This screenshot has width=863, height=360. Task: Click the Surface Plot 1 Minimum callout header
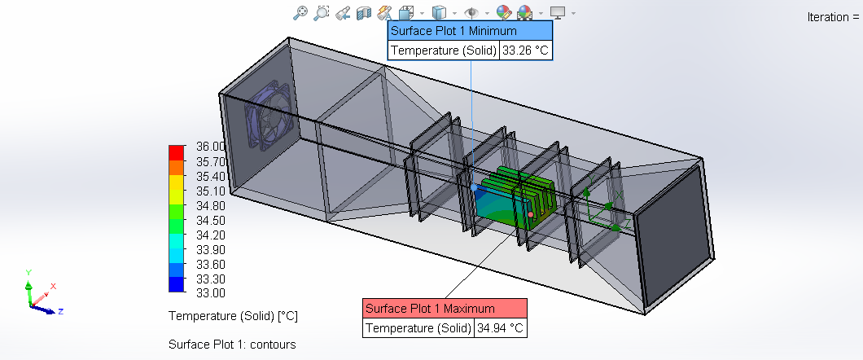coord(470,31)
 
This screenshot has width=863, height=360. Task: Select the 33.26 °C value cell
coord(526,50)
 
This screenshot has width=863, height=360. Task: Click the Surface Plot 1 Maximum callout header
coord(445,309)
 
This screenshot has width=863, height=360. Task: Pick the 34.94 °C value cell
coord(501,328)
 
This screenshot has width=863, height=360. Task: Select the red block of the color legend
coord(177,152)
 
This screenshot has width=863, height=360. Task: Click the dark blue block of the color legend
coord(177,284)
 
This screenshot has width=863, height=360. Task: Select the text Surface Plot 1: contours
coord(232,345)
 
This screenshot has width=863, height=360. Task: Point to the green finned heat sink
coord(521,192)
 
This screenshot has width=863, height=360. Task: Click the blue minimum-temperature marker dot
coord(474,187)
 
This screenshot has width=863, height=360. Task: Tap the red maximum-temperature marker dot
coord(530,214)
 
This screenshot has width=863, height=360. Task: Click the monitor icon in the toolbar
coord(558,12)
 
